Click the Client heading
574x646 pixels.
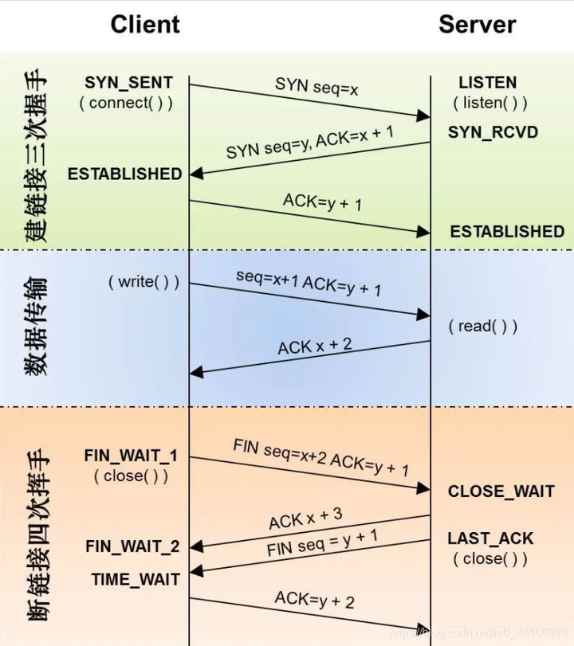point(144,25)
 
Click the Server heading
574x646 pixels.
point(477,25)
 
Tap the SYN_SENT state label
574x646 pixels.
point(128,82)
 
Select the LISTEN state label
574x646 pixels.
point(488,82)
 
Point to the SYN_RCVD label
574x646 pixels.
point(493,131)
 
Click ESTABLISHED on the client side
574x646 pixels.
point(124,174)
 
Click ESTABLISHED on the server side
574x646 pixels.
point(507,232)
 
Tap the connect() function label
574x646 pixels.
point(125,103)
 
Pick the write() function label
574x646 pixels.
point(143,282)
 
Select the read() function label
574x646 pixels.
point(482,326)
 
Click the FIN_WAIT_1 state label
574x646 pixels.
point(131,456)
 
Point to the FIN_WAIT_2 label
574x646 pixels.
point(132,546)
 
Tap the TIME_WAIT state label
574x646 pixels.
point(135,579)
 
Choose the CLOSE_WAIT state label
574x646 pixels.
point(501,491)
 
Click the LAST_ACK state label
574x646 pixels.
point(490,538)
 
